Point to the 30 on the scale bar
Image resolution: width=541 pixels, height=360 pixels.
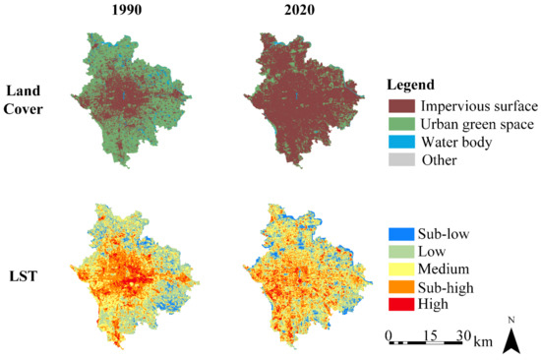pos(460,334)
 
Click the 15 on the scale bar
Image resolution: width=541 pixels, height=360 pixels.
pos(429,334)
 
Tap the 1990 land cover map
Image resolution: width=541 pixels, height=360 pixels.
pos(128,98)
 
